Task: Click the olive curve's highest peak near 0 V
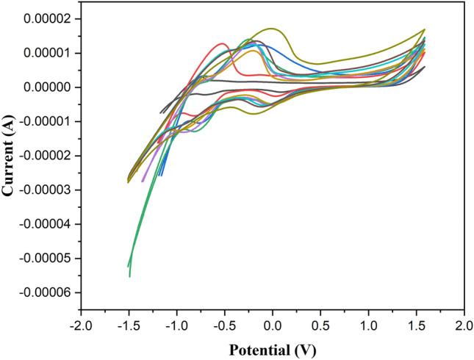(273, 29)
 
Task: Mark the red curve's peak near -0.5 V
(221, 43)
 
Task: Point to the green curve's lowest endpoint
(129, 276)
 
